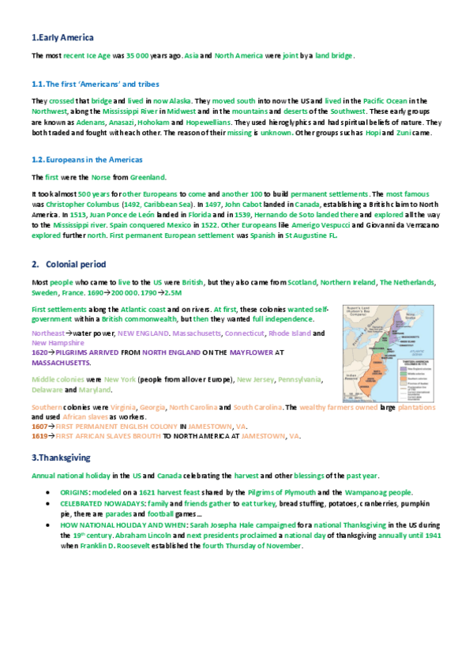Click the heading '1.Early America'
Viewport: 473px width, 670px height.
click(62, 37)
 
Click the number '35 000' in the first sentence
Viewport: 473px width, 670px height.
click(139, 56)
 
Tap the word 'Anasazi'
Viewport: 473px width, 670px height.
click(117, 123)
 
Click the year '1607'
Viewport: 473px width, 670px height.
click(38, 426)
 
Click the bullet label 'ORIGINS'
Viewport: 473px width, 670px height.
click(77, 491)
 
